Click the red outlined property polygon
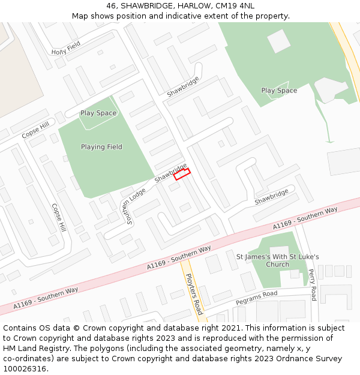[x=182, y=174]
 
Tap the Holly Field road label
[x=66, y=49]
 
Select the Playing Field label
[x=101, y=147]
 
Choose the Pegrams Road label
[x=256, y=297]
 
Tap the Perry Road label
[x=313, y=284]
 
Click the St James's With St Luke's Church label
[x=278, y=260]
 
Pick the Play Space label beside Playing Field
[x=98, y=113]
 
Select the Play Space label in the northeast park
[x=279, y=91]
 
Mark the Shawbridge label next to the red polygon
[x=170, y=172]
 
